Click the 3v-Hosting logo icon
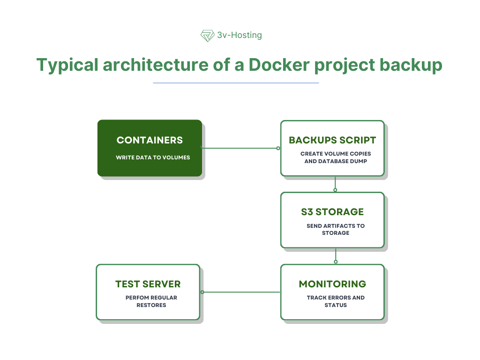[207, 36]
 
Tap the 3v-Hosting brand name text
[240, 35]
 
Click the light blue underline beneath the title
[236, 83]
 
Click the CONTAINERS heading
[150, 140]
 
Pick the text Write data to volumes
[153, 157]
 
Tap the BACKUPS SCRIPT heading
[332, 140]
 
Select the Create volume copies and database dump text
[336, 157]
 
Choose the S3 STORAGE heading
[332, 212]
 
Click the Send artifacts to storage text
[336, 229]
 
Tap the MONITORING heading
[332, 284]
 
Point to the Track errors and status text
[336, 301]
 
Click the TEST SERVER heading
[148, 284]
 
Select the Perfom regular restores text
[151, 301]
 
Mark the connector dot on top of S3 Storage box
[335, 190]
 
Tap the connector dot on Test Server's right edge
[202, 292]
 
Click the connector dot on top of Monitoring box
[336, 262]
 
